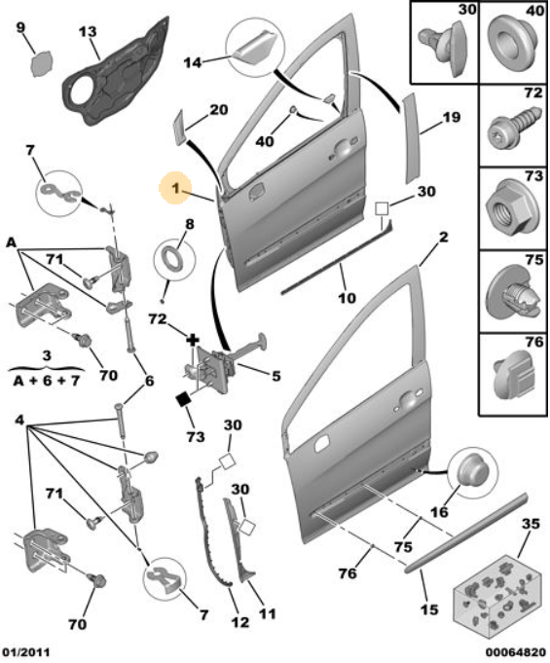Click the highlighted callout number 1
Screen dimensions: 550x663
click(175, 188)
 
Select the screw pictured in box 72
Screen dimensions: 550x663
click(515, 127)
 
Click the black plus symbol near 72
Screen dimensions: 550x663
click(193, 340)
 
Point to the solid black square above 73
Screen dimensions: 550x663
click(183, 399)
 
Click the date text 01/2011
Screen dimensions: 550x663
click(25, 652)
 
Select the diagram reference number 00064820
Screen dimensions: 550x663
click(516, 652)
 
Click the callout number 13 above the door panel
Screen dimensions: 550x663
click(88, 32)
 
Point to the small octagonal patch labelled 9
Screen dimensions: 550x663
click(42, 64)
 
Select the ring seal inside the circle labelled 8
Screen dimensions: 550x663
click(173, 258)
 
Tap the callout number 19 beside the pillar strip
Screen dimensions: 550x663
click(451, 117)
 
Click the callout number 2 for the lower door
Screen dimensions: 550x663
click(443, 238)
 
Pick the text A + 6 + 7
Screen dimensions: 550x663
click(47, 381)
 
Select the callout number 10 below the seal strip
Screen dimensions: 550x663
click(347, 298)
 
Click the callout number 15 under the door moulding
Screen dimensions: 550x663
click(429, 609)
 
